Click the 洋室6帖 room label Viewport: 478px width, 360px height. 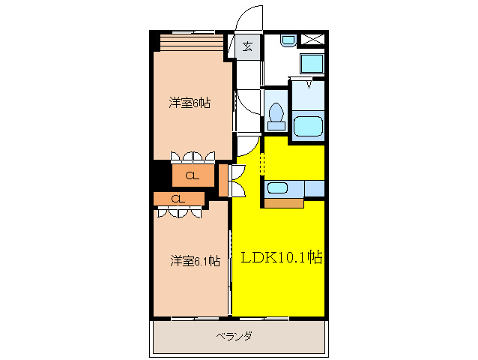point(189,103)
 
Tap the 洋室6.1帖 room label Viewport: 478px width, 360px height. point(194,261)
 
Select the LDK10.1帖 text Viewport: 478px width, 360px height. point(281,258)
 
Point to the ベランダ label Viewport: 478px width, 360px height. point(234,336)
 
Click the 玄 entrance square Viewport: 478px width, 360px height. point(247,47)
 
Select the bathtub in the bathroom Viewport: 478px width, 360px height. point(308,126)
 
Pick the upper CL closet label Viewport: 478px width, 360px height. point(192,176)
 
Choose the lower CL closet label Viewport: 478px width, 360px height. point(178,199)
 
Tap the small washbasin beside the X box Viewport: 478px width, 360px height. point(287,40)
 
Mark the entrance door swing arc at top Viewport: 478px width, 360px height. point(247,19)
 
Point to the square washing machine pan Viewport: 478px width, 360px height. point(311,63)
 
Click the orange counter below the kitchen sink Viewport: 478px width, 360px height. point(283,202)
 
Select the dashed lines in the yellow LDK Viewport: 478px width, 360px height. point(261,162)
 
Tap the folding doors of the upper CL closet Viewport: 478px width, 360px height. point(192,157)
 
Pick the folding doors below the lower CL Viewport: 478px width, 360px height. point(179,212)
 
